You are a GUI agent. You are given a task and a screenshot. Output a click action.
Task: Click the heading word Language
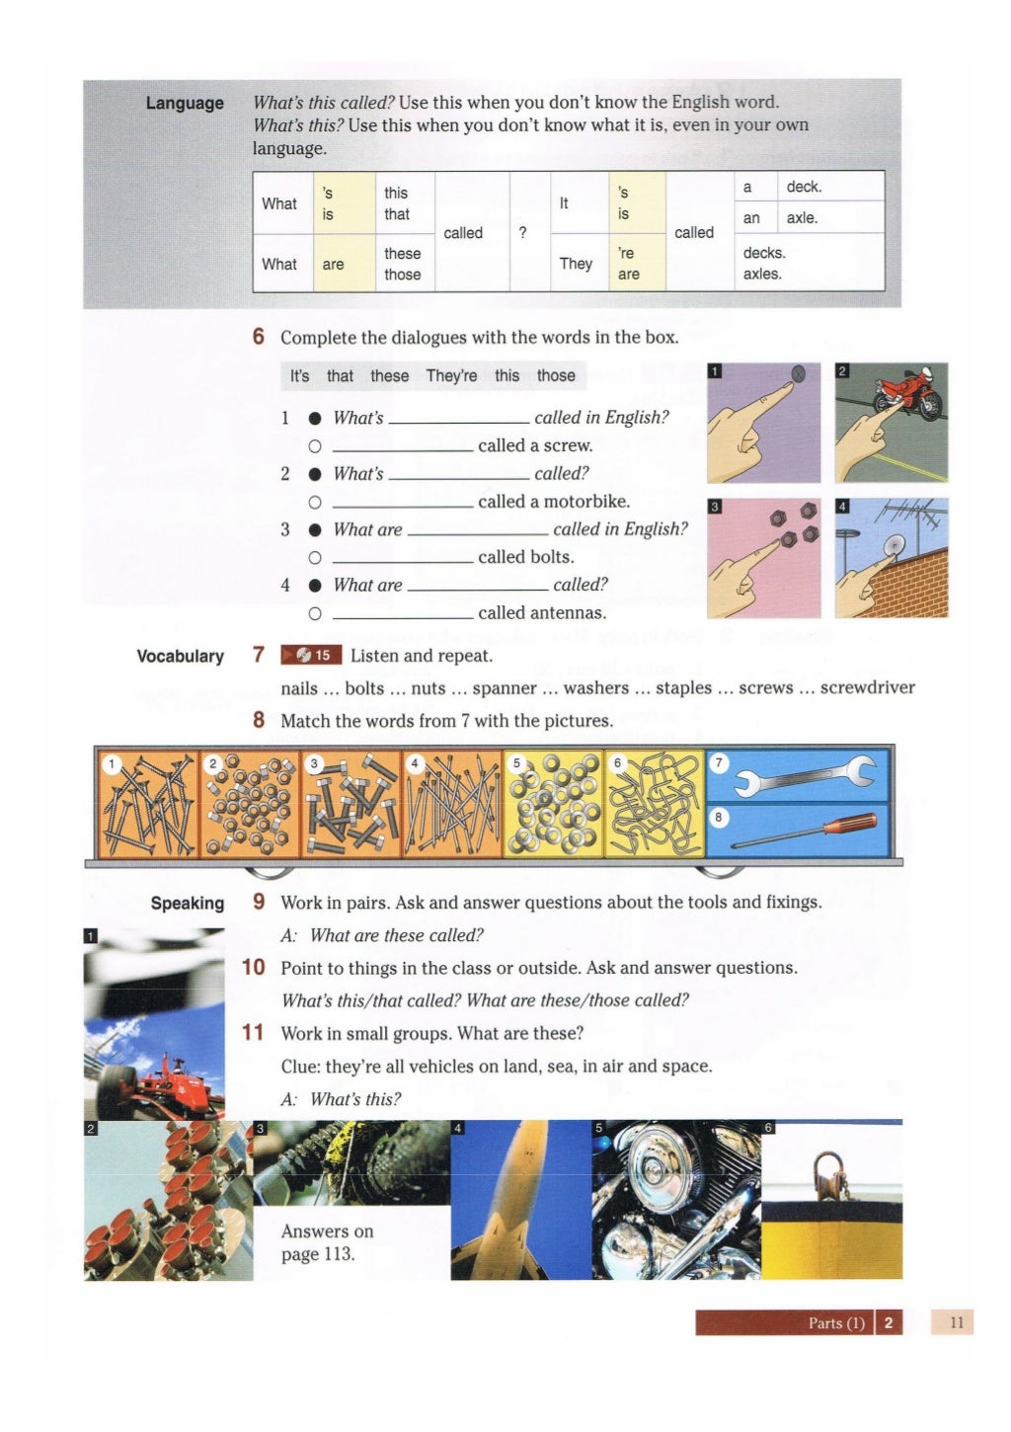point(185,103)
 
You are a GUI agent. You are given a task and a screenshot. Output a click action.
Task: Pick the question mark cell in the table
point(523,232)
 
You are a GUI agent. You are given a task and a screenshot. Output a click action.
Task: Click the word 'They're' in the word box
point(451,375)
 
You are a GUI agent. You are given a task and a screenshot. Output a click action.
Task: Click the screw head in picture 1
point(798,373)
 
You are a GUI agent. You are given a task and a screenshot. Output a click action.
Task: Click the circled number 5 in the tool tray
point(516,763)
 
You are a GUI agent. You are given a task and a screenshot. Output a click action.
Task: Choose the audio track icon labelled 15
point(312,655)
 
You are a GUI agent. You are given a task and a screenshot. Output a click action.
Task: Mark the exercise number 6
point(259,337)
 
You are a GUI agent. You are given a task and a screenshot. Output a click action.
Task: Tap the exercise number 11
point(253,1032)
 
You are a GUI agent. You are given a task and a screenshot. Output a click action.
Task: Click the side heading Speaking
point(187,903)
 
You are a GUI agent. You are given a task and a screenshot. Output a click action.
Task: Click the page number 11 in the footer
point(955,1321)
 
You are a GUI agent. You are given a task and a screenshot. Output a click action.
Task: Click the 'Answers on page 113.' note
point(327,1242)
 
